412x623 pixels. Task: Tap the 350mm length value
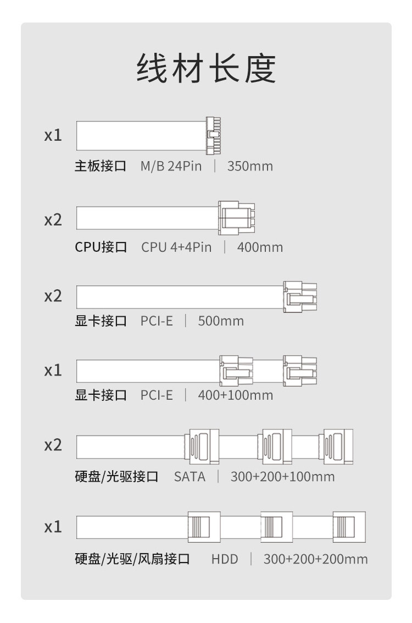pyautogui.click(x=250, y=166)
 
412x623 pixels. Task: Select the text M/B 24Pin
pyautogui.click(x=171, y=166)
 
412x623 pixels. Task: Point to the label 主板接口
pyautogui.click(x=101, y=166)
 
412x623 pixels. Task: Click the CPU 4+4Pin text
pyautogui.click(x=176, y=247)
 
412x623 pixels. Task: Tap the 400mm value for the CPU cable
pyautogui.click(x=260, y=247)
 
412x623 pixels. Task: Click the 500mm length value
pyautogui.click(x=221, y=321)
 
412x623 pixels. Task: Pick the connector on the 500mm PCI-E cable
pyautogui.click(x=300, y=297)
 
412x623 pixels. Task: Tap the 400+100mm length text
pyautogui.click(x=235, y=395)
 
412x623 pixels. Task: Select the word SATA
pyautogui.click(x=190, y=477)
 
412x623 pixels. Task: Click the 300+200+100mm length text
pyautogui.click(x=282, y=477)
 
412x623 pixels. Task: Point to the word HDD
pyautogui.click(x=225, y=559)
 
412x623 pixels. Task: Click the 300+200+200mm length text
pyautogui.click(x=315, y=559)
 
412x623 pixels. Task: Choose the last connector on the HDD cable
pyautogui.click(x=349, y=527)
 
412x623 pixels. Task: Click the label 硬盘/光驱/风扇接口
pyautogui.click(x=132, y=559)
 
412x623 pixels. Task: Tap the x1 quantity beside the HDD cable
pyautogui.click(x=53, y=527)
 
